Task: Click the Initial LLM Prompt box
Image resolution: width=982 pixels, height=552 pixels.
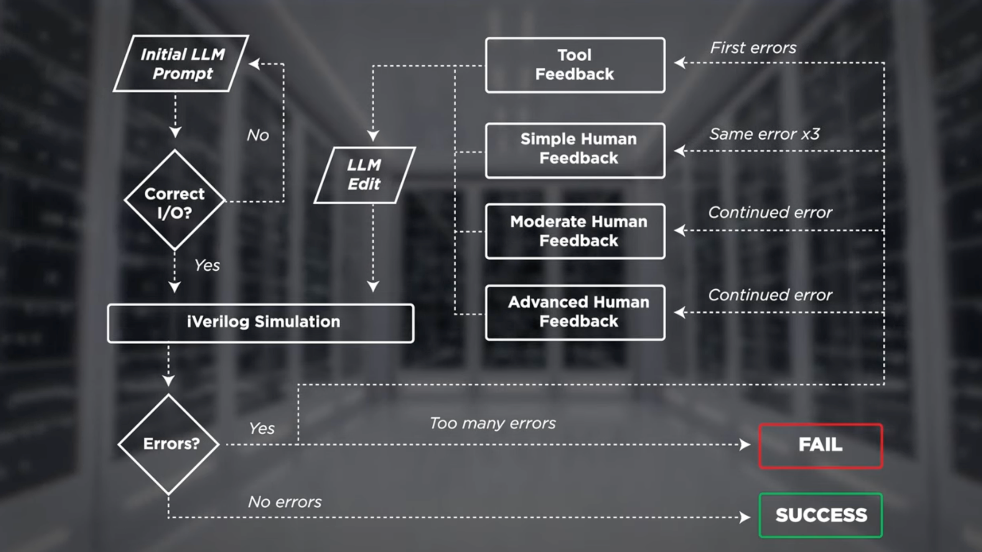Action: pyautogui.click(x=181, y=64)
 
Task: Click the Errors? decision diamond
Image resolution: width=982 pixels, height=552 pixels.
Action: pyautogui.click(x=169, y=444)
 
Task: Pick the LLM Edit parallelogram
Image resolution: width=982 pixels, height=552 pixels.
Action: pyautogui.click(x=364, y=175)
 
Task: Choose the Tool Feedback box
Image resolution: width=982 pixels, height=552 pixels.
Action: pyautogui.click(x=575, y=65)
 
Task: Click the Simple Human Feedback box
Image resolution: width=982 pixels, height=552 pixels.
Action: pyautogui.click(x=575, y=150)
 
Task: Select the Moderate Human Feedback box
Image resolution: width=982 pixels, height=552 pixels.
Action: pyautogui.click(x=575, y=231)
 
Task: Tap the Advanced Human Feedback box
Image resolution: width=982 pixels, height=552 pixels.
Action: pyautogui.click(x=575, y=312)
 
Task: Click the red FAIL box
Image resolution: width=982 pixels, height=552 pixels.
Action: pyautogui.click(x=821, y=446)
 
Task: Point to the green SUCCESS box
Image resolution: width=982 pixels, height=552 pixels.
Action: pyautogui.click(x=821, y=515)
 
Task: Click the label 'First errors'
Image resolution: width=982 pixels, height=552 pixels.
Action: pyautogui.click(x=753, y=48)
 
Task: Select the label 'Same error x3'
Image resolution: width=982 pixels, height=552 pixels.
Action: pyautogui.click(x=764, y=134)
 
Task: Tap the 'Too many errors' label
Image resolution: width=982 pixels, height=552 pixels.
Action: pyautogui.click(x=493, y=424)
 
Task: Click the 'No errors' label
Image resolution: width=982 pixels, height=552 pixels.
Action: pyautogui.click(x=285, y=502)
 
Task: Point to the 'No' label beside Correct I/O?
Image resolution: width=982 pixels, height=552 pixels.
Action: pyautogui.click(x=258, y=135)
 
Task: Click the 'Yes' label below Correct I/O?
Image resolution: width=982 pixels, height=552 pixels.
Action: pyautogui.click(x=207, y=265)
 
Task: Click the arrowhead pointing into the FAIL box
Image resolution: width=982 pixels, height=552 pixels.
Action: pyautogui.click(x=745, y=445)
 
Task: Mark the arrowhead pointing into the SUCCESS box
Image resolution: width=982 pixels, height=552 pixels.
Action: pyautogui.click(x=745, y=517)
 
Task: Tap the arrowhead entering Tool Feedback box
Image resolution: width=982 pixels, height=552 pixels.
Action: pyautogui.click(x=680, y=62)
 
